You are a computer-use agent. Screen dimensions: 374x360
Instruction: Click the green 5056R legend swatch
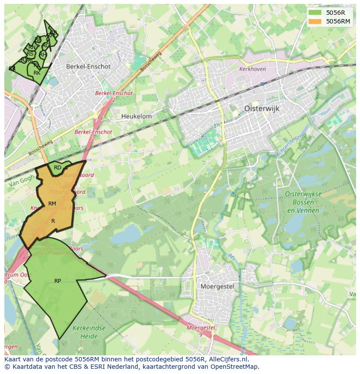[x=316, y=13]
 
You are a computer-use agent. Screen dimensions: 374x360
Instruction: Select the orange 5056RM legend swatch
[x=316, y=21]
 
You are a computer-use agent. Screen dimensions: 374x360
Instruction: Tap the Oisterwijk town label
[x=262, y=109]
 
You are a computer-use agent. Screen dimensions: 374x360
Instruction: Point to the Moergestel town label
[x=217, y=286]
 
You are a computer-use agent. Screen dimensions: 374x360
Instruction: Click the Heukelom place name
[x=137, y=116]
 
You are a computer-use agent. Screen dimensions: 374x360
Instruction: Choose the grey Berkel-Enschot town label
[x=88, y=67]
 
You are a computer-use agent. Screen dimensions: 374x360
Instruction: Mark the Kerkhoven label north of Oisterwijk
[x=252, y=69]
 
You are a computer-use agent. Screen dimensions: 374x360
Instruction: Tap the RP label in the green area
[x=57, y=281]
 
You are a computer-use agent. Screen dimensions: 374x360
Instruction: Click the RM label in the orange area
[x=52, y=204]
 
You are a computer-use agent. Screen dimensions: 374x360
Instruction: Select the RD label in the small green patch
[x=57, y=167]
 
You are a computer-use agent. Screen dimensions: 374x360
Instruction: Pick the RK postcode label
[x=37, y=73]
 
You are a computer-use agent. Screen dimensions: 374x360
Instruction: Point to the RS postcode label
[x=30, y=54]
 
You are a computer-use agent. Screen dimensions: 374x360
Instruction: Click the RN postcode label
[x=32, y=47]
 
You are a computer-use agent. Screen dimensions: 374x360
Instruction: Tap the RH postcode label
[x=43, y=55]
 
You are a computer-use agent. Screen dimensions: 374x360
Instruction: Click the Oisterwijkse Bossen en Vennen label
[x=303, y=202]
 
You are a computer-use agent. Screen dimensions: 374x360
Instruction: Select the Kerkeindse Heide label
[x=89, y=332]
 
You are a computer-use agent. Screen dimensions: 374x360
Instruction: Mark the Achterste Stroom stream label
[x=294, y=141]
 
